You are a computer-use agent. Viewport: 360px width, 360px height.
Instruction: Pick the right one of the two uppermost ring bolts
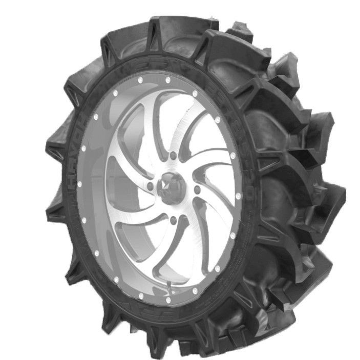pyautogui.click(x=167, y=80)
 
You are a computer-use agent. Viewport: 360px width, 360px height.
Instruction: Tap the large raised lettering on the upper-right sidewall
pyautogui.click(x=230, y=102)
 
